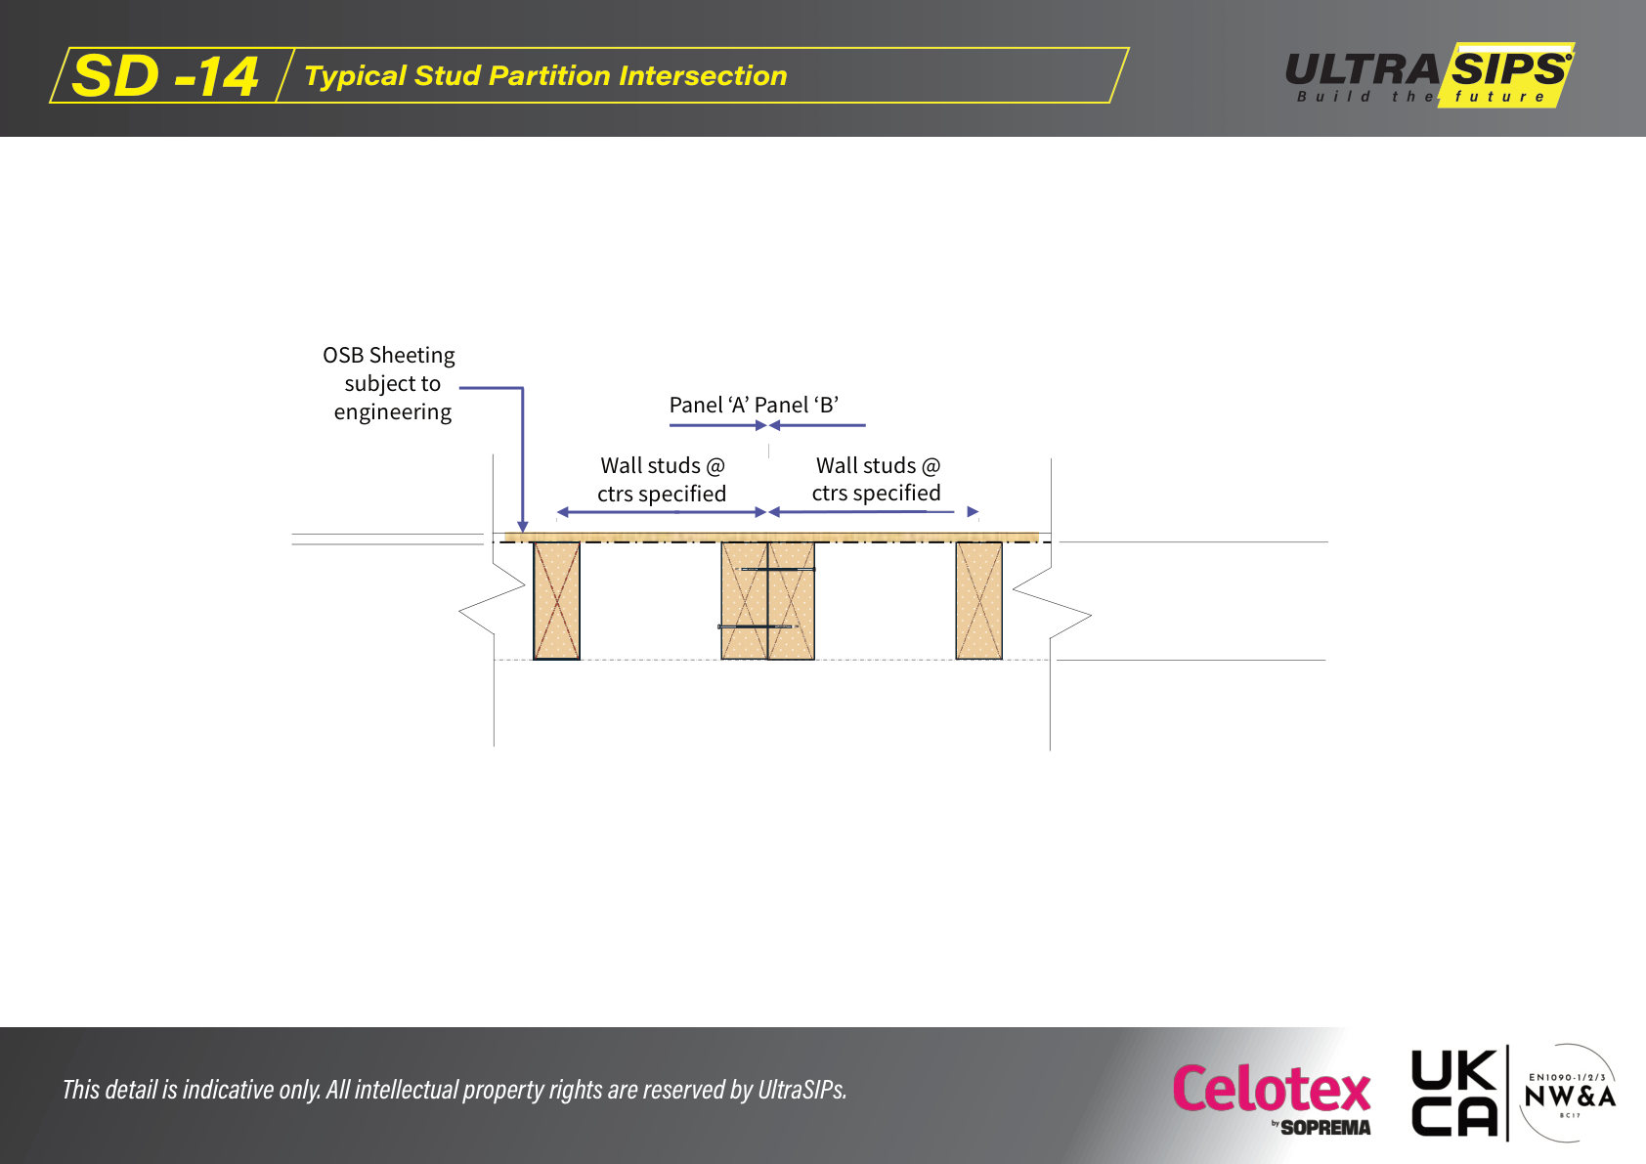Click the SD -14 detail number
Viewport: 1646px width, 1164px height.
(165, 75)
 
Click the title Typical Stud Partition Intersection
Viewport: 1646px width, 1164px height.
(545, 75)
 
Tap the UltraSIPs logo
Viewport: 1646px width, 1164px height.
(1429, 75)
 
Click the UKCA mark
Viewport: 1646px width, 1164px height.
(1454, 1093)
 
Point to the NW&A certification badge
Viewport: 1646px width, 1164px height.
(1570, 1094)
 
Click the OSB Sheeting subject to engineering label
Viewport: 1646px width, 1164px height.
(389, 383)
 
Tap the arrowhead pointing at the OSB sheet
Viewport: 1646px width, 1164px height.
(523, 527)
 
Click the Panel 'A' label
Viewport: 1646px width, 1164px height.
(709, 405)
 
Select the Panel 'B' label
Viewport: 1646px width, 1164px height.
(798, 405)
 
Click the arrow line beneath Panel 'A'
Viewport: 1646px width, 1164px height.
(717, 425)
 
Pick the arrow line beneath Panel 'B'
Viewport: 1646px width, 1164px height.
(817, 425)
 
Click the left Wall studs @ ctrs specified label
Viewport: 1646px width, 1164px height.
(662, 479)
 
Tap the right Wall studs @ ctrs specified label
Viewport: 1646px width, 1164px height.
(877, 478)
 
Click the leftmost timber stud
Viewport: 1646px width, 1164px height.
(556, 600)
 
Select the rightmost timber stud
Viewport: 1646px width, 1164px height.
(978, 600)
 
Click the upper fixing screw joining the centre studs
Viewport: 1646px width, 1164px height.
(775, 569)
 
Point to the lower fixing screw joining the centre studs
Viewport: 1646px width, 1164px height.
(758, 626)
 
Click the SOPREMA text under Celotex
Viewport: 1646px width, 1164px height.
(1325, 1128)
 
